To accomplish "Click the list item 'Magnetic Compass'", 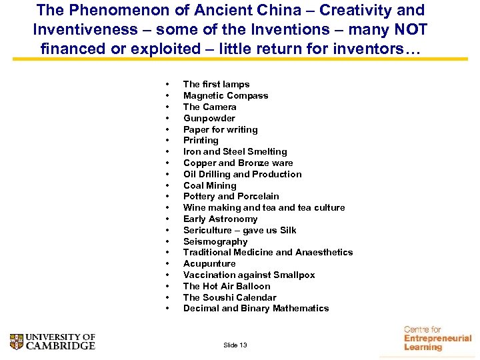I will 225,95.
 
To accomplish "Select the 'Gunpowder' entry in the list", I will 209,118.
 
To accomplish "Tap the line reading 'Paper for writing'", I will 220,129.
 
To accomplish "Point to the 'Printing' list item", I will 201,141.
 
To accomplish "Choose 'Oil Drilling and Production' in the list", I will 242,174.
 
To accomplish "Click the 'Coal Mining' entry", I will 209,185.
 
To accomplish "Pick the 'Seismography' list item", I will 215,241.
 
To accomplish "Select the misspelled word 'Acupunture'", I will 209,264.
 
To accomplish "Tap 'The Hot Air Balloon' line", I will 227,286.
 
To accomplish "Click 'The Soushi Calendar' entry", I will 229,297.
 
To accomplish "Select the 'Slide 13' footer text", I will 235,345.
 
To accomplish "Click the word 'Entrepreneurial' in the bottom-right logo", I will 437,339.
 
